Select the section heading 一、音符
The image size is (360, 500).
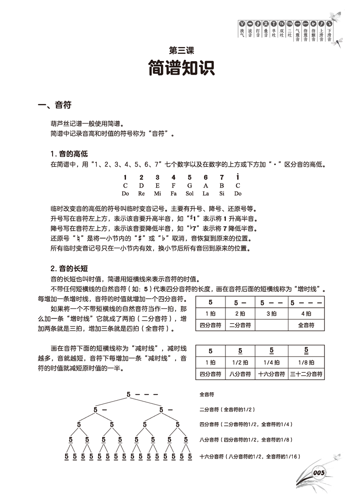[54, 106]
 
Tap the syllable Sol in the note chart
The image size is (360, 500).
[189, 193]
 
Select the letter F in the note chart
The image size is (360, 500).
[173, 186]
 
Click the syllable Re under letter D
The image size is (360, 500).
[141, 193]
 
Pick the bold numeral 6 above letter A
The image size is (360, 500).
[206, 177]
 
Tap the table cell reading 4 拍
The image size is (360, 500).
[306, 313]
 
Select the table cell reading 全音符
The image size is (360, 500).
[306, 324]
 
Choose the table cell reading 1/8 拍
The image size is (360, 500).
[306, 362]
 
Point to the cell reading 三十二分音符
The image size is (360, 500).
[306, 374]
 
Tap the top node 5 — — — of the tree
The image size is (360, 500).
[142, 395]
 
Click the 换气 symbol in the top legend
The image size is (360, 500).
[242, 28]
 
